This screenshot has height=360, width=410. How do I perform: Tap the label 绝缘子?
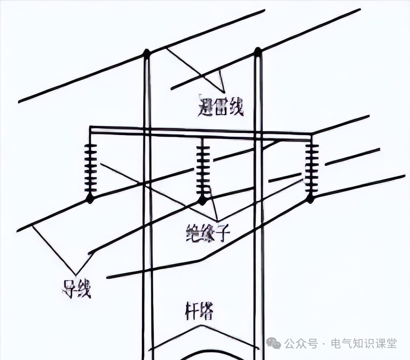pyautogui.click(x=208, y=233)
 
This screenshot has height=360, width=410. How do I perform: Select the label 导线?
pyautogui.click(x=76, y=289)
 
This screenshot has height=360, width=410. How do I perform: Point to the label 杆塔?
pyautogui.click(x=199, y=311)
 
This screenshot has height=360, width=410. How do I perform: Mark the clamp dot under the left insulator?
pyautogui.click(x=90, y=199)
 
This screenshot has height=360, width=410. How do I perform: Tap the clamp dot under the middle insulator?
pyautogui.click(x=202, y=200)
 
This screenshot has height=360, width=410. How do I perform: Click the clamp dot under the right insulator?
pyautogui.click(x=310, y=199)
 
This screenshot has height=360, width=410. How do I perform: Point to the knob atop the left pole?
pyautogui.click(x=146, y=53)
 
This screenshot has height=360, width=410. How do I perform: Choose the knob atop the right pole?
pyautogui.click(x=258, y=51)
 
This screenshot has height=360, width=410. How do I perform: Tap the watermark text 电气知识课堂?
pyautogui.click(x=363, y=343)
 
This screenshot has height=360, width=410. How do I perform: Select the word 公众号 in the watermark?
pyautogui.click(x=301, y=343)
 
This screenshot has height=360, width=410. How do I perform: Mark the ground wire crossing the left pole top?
pyautogui.click(x=97, y=74)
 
